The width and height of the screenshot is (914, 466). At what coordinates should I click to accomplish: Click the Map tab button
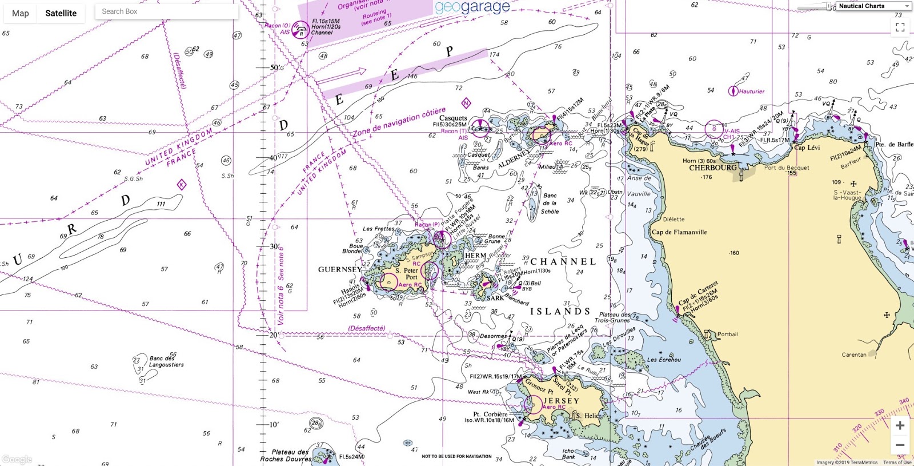21,13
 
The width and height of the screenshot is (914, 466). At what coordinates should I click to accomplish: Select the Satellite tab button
61,13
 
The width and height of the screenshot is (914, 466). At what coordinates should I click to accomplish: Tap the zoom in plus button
900,425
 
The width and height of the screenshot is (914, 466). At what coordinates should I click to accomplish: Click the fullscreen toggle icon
900,27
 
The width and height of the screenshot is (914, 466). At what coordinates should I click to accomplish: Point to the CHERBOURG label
712,168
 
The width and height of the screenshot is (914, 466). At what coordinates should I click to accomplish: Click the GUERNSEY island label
340,269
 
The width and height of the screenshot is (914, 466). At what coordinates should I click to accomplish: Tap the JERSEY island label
561,401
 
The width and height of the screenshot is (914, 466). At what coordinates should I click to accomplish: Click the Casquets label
453,118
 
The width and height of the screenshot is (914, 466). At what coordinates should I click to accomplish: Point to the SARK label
495,298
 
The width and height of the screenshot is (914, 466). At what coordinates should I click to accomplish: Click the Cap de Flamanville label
679,232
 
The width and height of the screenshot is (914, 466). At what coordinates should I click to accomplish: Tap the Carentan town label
853,355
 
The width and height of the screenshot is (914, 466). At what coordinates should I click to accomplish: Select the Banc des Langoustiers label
166,361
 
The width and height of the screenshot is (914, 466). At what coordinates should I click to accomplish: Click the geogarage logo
472,7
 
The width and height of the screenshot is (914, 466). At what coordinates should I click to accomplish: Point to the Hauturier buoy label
751,91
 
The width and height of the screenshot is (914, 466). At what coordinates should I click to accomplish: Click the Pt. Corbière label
490,415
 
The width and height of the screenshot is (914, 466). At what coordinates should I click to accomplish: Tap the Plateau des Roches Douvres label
285,455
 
